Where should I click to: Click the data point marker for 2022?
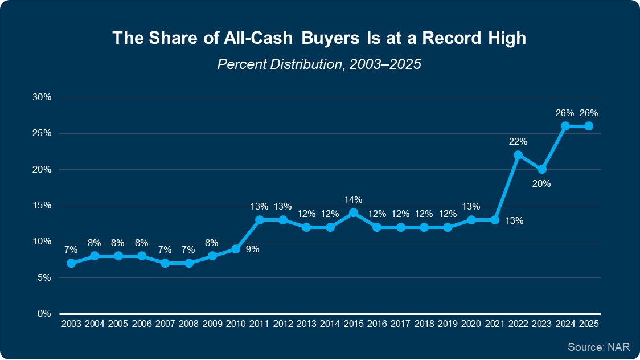518,155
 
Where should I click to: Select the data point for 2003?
71,263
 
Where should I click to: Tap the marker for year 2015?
354,212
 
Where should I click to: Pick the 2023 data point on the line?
542,169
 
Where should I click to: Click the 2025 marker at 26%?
589,126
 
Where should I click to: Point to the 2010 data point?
236,249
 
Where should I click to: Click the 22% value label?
518,141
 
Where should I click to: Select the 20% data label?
542,183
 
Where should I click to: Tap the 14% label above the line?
354,199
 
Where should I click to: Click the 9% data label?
252,249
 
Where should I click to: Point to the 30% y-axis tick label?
43,97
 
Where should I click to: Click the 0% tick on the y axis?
45,314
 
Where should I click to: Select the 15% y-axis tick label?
43,206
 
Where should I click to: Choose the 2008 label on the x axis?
188,324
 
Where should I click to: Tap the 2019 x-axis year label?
448,324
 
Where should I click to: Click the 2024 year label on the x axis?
565,324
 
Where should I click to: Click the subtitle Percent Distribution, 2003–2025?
319,64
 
